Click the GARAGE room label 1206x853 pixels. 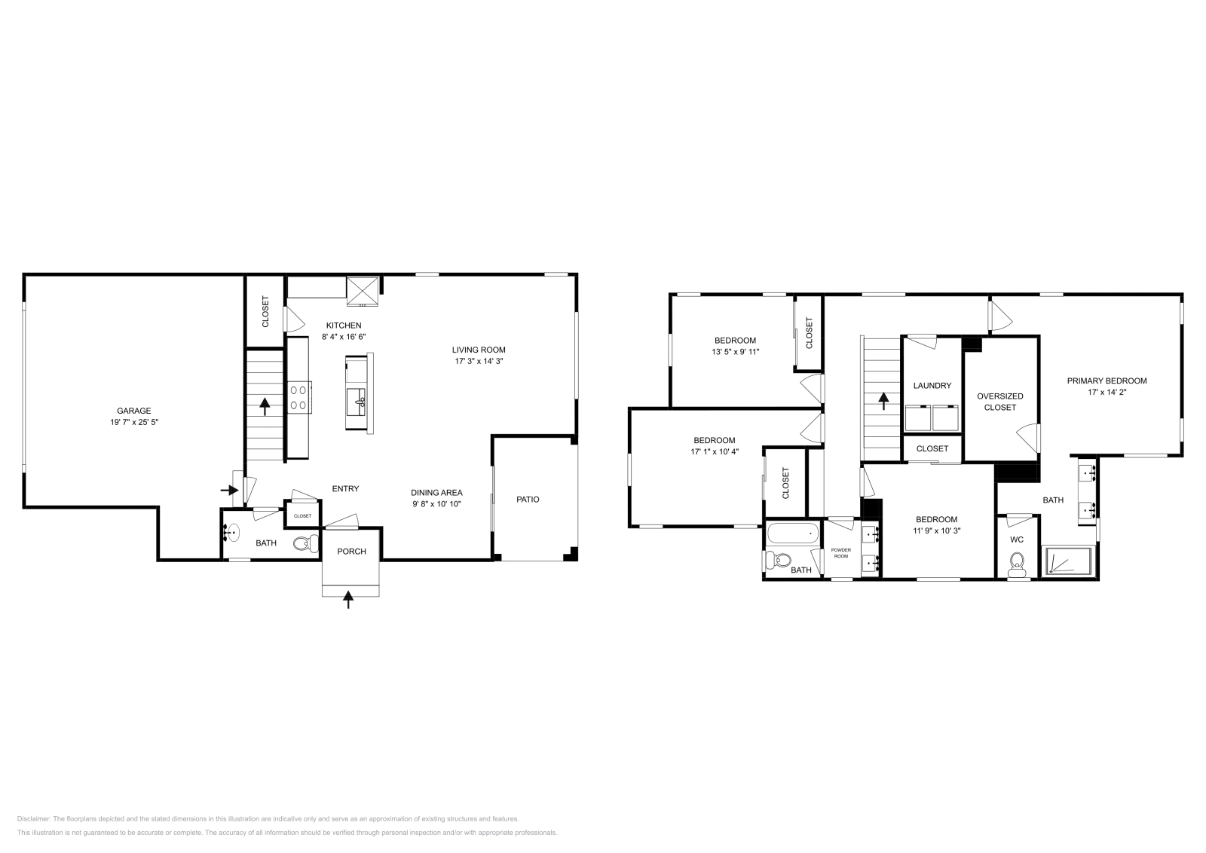point(133,411)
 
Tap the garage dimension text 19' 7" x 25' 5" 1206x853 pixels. point(133,423)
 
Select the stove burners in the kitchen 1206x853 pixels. point(298,398)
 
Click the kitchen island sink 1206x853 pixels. point(357,398)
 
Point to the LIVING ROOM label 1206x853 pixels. point(479,350)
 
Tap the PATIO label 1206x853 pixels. point(528,499)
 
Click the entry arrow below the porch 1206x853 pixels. point(348,599)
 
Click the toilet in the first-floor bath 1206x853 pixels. point(306,543)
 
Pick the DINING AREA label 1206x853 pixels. point(436,493)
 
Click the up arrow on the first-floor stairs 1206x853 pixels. point(265,407)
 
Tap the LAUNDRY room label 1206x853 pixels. point(932,386)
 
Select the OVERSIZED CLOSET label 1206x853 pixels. point(1000,402)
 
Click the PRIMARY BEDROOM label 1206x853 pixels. point(1107,381)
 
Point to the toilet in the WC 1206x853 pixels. point(1018,564)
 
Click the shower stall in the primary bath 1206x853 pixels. point(1067,562)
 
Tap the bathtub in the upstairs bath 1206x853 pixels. point(791,535)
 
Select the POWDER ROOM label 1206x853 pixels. point(841,553)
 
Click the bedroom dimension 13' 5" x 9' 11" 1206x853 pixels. point(735,351)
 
